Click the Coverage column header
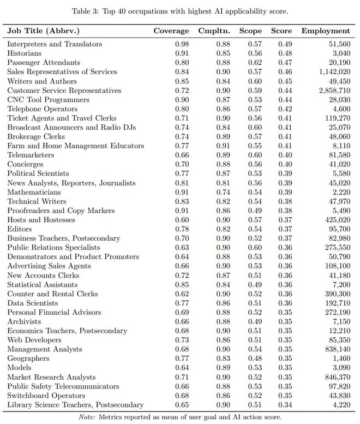(x=171, y=31)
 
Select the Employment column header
(x=326, y=31)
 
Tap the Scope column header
(x=250, y=31)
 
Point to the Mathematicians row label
(x=34, y=193)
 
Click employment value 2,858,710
(x=334, y=91)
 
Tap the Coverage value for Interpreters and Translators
(x=182, y=44)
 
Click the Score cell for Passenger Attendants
(x=285, y=63)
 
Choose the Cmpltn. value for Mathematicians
(x=221, y=193)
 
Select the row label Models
(x=20, y=368)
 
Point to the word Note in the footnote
(x=88, y=417)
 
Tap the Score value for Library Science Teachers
(x=285, y=405)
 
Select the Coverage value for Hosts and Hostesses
(x=182, y=220)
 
